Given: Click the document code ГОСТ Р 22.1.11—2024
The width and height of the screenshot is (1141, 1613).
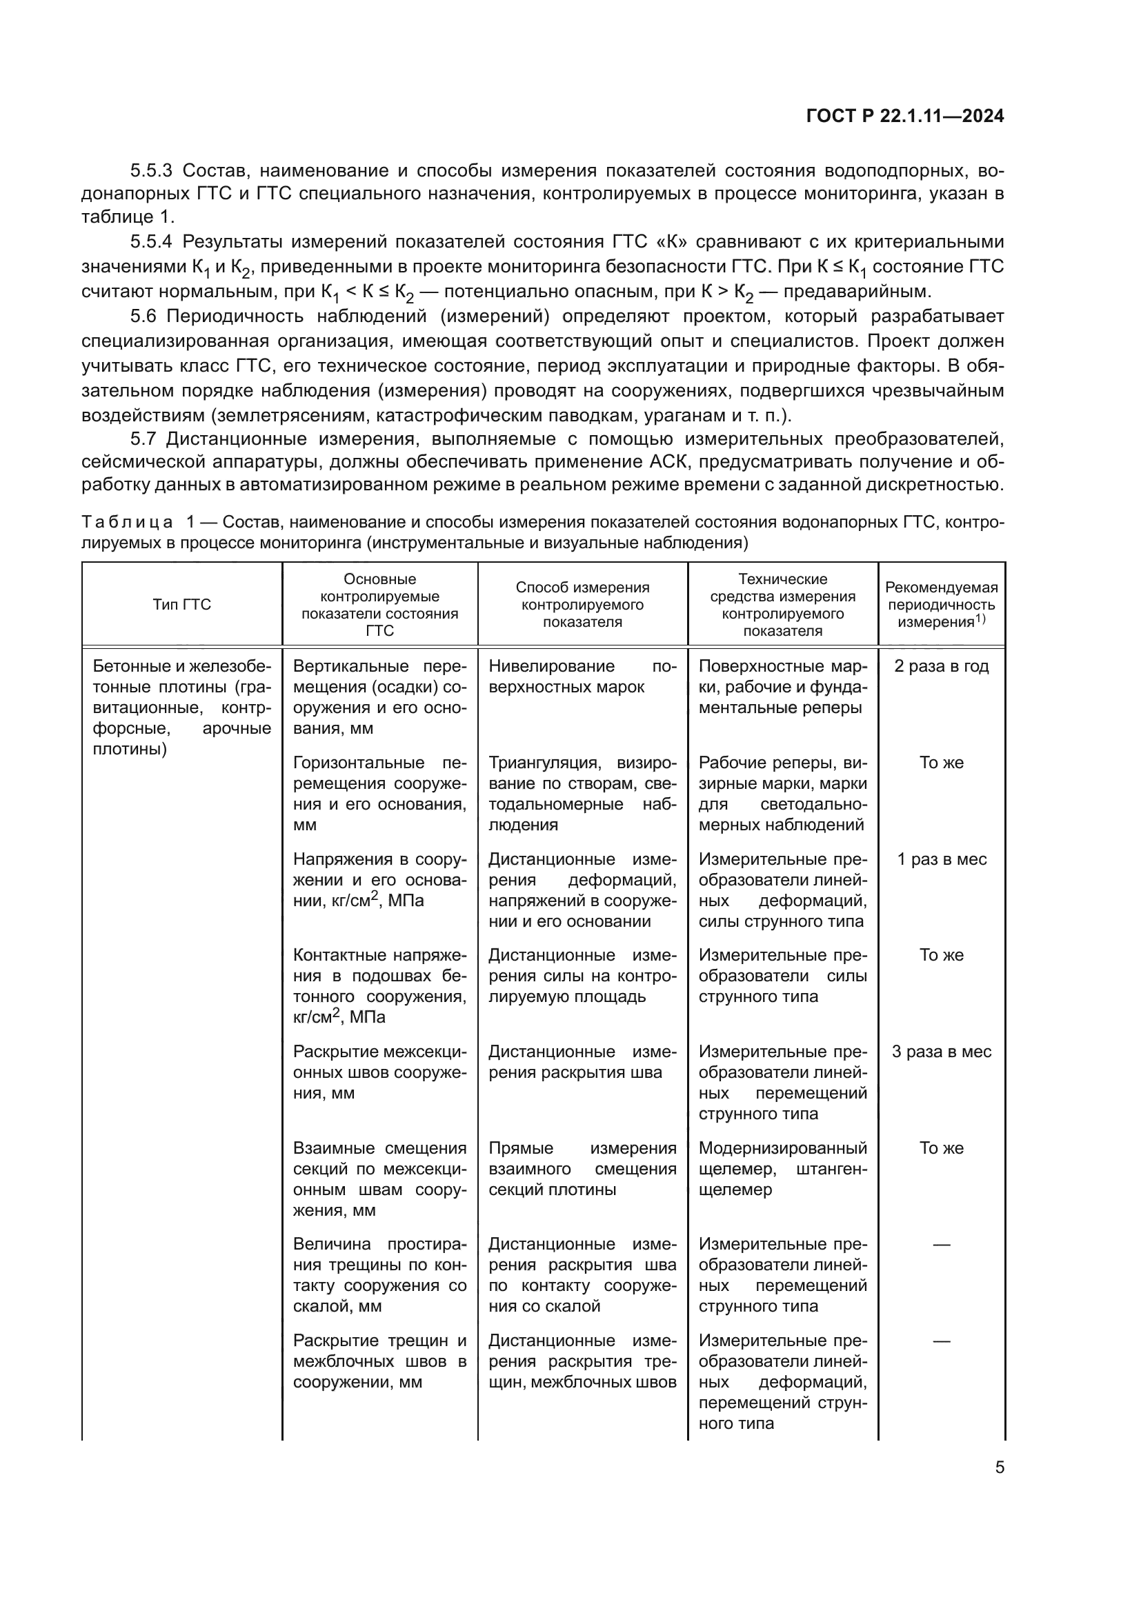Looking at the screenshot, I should (x=905, y=116).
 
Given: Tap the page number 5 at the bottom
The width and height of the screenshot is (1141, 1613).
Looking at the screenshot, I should (x=1000, y=1467).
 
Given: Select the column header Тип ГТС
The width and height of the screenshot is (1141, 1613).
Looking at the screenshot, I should (x=182, y=605).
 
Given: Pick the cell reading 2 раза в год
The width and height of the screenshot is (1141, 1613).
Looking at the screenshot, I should (x=942, y=666).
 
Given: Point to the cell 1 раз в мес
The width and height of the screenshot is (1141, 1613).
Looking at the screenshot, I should (x=942, y=859).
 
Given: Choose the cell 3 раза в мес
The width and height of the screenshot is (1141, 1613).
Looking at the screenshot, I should (x=942, y=1052).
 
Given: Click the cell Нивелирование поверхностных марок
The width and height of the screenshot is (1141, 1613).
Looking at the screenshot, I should (x=582, y=677).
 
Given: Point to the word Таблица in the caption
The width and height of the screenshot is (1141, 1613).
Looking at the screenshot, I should (x=127, y=522).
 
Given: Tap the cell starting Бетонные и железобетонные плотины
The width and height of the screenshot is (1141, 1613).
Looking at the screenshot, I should (x=182, y=708).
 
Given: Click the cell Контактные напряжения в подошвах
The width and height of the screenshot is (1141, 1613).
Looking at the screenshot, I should (x=379, y=985).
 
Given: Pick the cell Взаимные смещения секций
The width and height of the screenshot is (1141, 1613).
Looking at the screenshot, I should (x=379, y=1179).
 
